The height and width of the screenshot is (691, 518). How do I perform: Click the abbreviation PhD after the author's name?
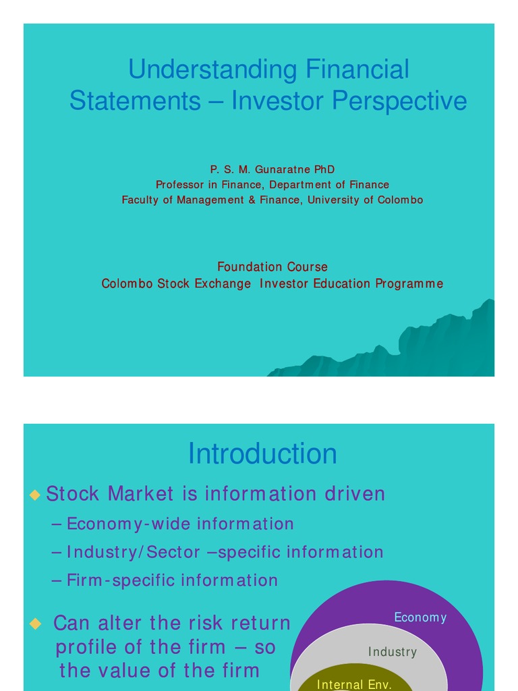coord(324,169)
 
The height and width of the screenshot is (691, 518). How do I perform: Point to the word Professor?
coord(180,184)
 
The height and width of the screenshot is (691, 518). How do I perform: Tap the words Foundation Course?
coord(272,267)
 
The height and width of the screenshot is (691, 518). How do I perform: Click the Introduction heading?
coord(262,453)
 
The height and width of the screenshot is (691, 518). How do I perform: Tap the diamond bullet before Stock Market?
coord(35,495)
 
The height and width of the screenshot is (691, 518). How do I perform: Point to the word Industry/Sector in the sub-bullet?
coord(133,552)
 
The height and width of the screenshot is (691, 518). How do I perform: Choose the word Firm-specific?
coord(117,580)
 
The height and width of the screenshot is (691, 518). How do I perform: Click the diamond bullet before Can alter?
coord(35,624)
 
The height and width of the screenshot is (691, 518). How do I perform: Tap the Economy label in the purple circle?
coord(420,617)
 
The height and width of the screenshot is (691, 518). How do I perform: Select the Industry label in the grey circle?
coord(393,652)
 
